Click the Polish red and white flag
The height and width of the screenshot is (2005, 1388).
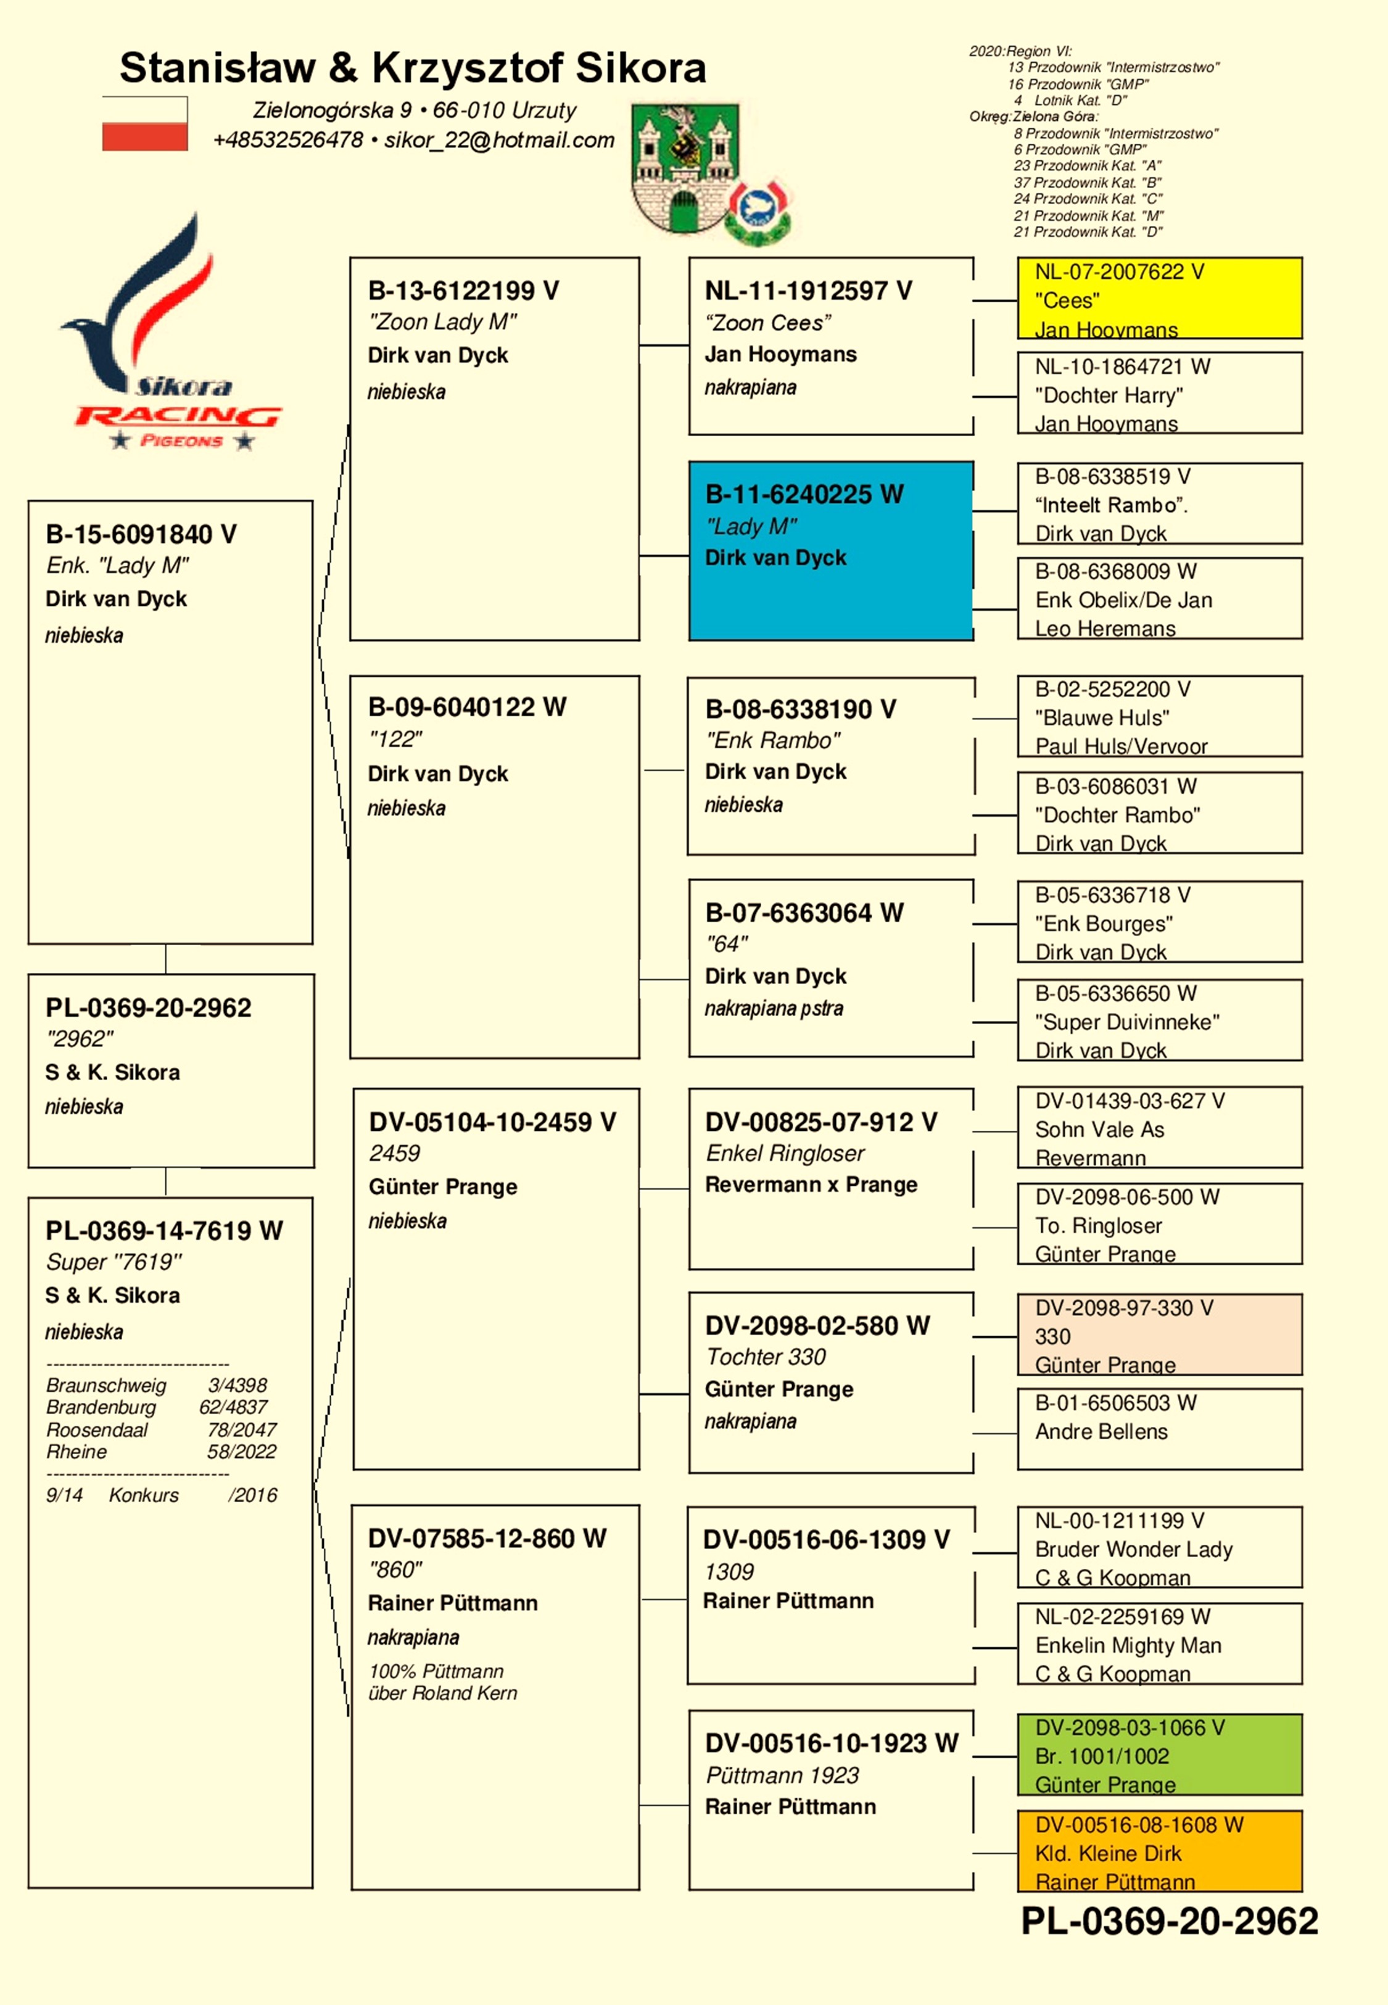pos(144,123)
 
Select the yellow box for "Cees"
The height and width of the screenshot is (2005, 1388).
pos(1159,298)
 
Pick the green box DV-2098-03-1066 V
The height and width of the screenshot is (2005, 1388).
pos(1159,1755)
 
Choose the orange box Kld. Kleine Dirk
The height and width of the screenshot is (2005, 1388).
pos(1159,1851)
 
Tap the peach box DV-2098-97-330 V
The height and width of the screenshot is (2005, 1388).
pos(1159,1334)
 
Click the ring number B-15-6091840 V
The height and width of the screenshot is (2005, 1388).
pos(141,534)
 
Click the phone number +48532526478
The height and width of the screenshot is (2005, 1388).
pos(288,140)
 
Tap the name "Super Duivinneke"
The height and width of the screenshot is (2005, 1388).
pos(1127,1022)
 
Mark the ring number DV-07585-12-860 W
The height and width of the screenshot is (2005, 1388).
pos(487,1538)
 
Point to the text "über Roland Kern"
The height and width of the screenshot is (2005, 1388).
pos(443,1693)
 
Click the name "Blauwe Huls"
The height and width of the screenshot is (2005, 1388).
pos(1102,717)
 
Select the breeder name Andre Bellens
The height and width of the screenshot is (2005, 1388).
pos(1101,1431)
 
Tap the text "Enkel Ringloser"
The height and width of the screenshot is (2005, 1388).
pos(785,1153)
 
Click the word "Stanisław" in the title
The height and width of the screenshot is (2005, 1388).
pos(217,68)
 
